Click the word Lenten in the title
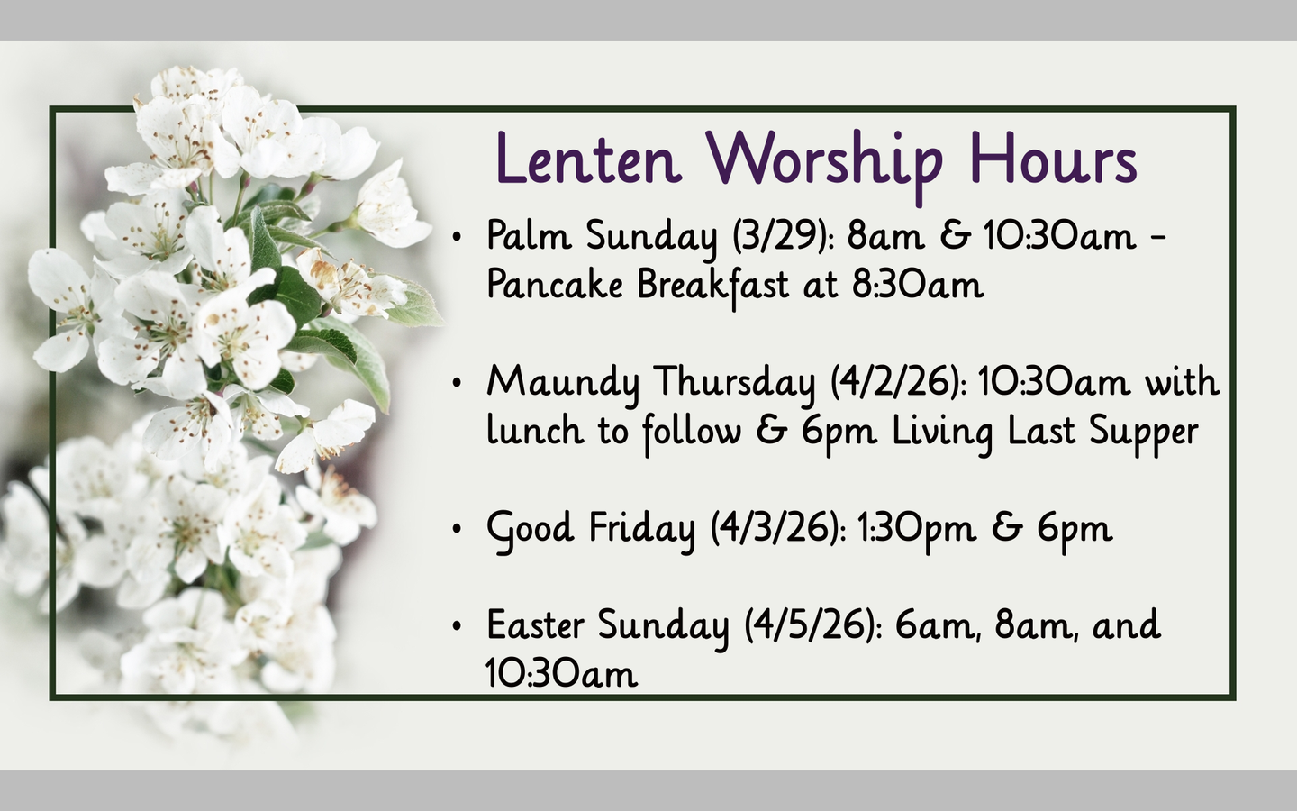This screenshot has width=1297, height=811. (586, 159)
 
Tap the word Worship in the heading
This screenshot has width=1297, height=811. (823, 159)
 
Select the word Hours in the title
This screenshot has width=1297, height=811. (1053, 159)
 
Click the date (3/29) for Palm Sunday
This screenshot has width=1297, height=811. (785, 236)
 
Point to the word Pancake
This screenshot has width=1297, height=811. (554, 285)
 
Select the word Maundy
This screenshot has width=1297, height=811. (562, 382)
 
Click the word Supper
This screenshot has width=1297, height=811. (1143, 432)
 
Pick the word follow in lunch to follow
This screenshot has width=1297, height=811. (692, 432)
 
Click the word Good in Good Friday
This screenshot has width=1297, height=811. (531, 527)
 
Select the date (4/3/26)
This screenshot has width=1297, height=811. (778, 527)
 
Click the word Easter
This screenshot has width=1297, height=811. (535, 624)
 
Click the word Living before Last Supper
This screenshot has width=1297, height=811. (943, 432)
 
